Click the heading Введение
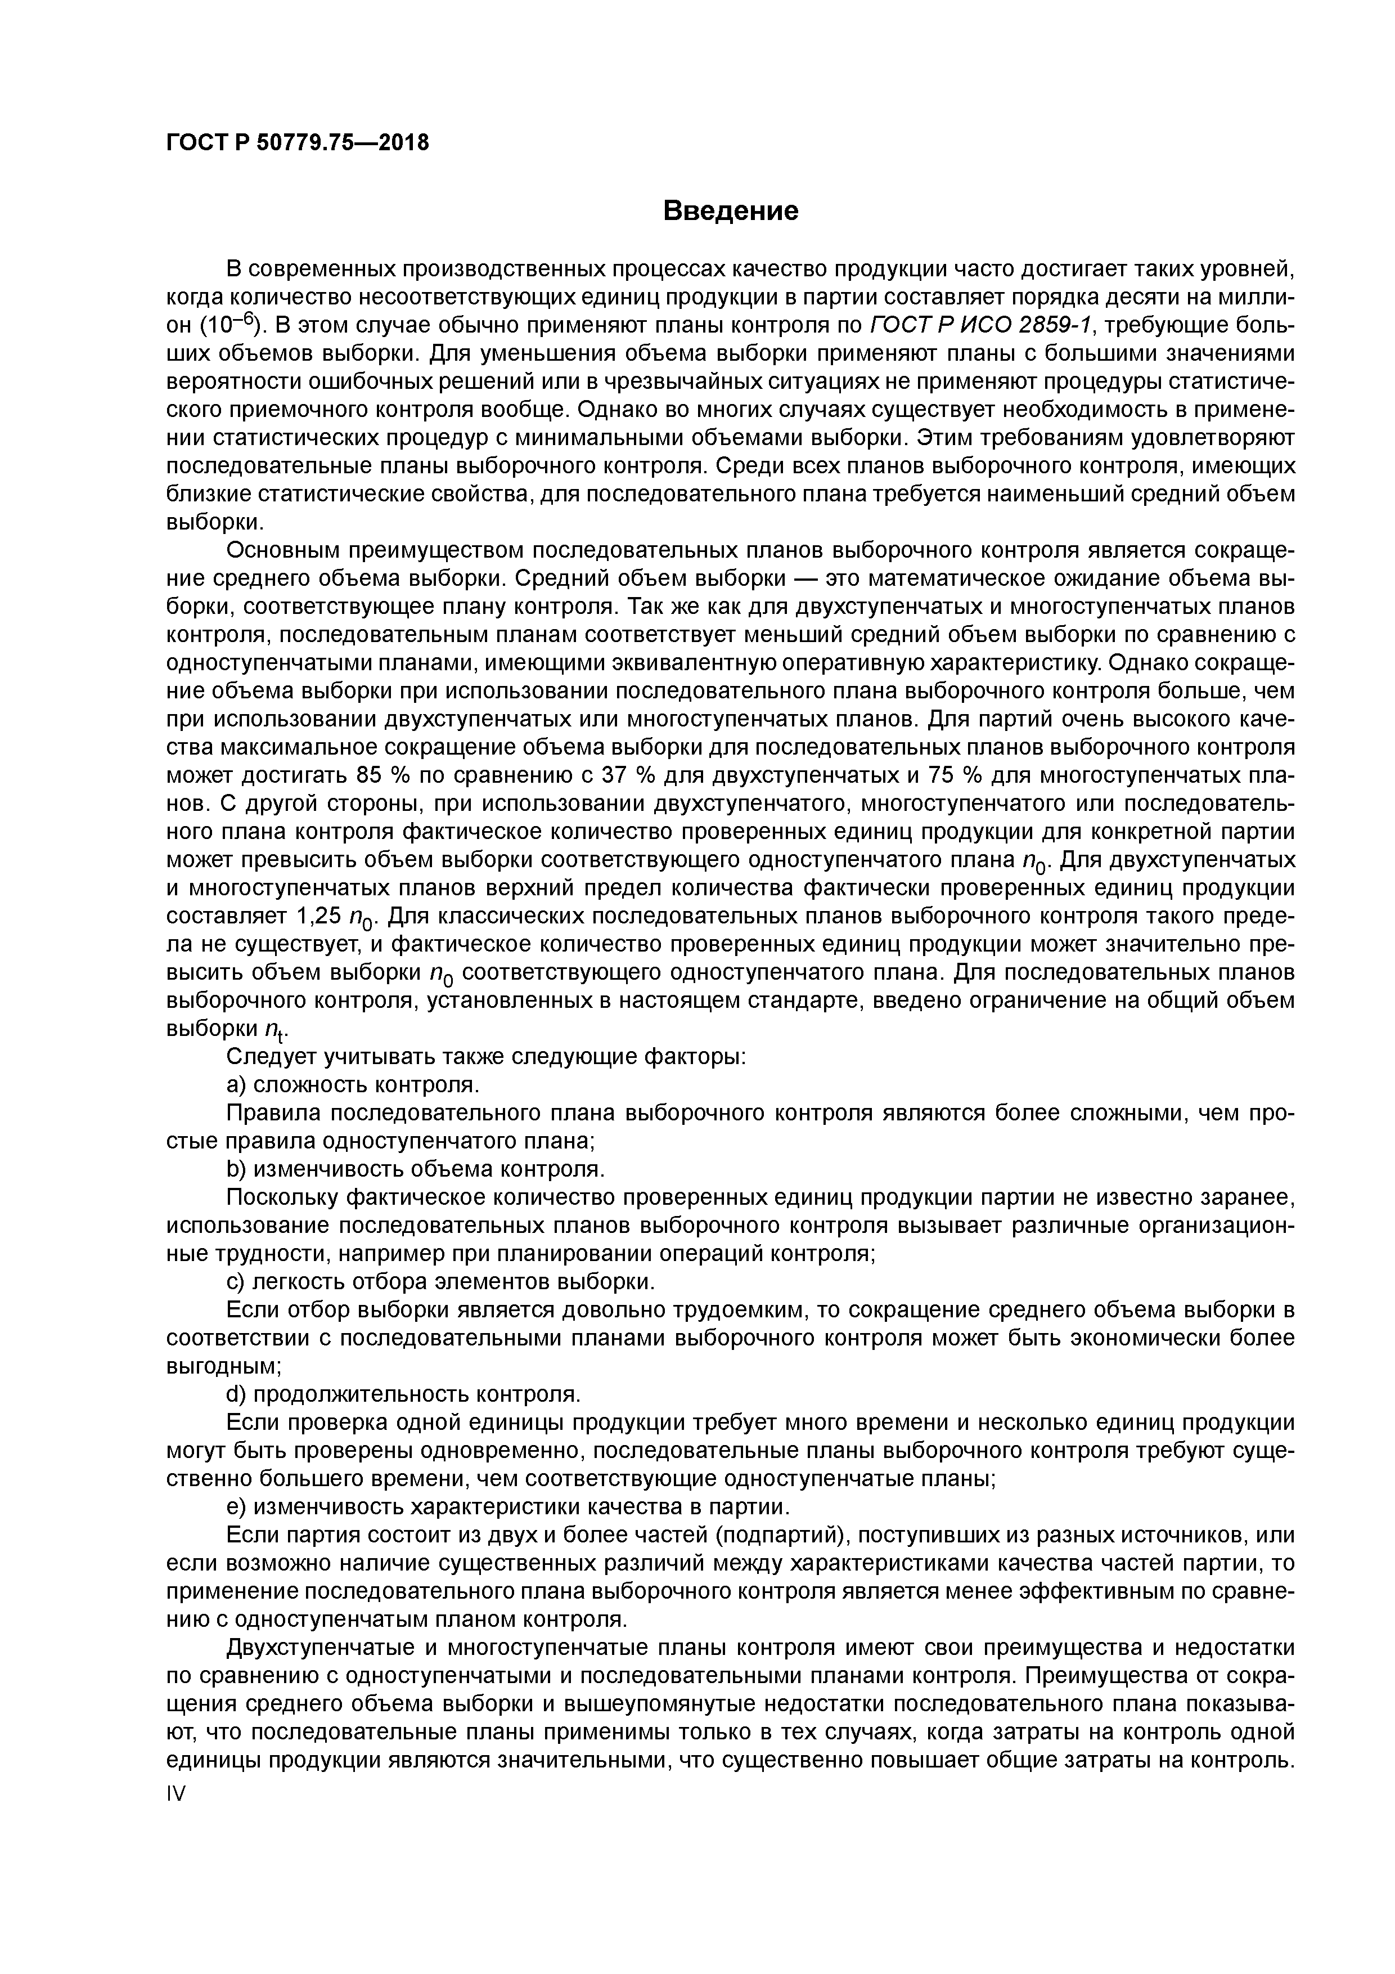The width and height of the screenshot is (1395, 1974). point(731,210)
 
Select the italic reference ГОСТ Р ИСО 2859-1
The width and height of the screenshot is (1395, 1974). point(980,326)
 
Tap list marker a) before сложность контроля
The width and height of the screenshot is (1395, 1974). point(236,1085)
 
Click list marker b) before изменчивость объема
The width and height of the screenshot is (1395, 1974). point(236,1169)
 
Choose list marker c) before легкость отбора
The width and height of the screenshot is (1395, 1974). point(236,1282)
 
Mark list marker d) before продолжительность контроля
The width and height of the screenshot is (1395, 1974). point(236,1394)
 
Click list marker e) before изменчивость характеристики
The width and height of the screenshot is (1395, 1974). point(236,1506)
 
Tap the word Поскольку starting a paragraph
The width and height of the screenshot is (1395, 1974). point(280,1197)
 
